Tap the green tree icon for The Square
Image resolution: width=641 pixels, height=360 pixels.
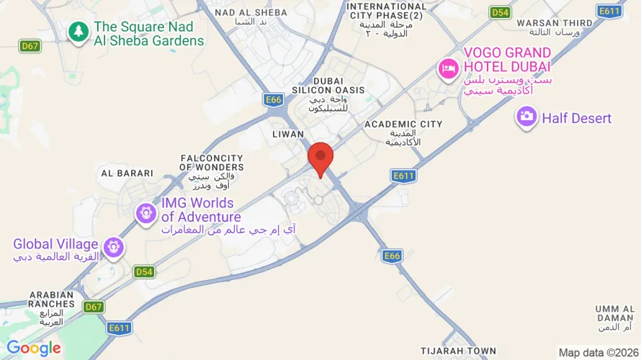coord(78,32)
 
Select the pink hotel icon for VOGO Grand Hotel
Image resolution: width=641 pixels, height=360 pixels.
coord(448,69)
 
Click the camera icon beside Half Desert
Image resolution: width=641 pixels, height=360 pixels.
coord(526,117)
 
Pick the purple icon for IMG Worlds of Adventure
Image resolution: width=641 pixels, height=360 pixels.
coord(146,212)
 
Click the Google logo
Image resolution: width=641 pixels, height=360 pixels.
coord(34,348)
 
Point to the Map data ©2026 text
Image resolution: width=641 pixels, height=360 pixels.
coord(597,352)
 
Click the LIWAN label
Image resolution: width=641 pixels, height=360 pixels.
coord(288,135)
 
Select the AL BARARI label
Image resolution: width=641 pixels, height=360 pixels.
coord(127,173)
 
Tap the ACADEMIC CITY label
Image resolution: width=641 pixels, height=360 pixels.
coord(403,125)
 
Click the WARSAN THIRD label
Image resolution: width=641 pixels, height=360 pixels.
coord(555,23)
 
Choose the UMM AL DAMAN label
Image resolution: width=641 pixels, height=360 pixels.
coord(615,313)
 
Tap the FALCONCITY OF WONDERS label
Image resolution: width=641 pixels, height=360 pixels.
coord(212,163)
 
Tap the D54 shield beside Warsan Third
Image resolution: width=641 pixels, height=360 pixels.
coord(499,12)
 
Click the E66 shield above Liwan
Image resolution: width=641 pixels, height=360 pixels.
coord(273,100)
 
